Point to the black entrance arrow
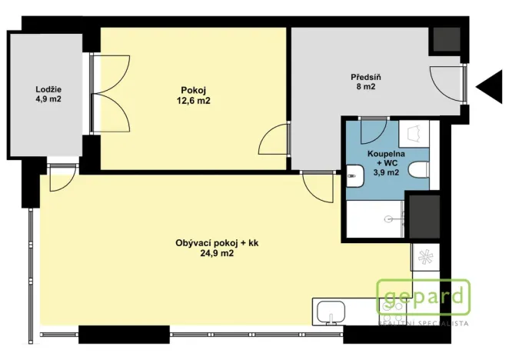(489, 87)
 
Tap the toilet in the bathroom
(418, 171)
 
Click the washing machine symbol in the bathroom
(413, 134)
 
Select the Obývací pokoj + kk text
(216, 243)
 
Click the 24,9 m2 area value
(216, 253)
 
